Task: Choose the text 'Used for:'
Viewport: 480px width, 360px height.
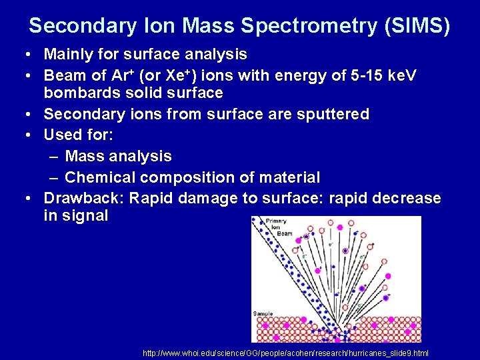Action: [x=79, y=135]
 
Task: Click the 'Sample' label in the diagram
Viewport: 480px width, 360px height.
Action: [x=263, y=313]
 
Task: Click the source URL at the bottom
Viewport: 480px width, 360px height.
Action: [x=285, y=353]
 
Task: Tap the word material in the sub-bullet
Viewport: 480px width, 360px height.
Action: [x=288, y=177]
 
